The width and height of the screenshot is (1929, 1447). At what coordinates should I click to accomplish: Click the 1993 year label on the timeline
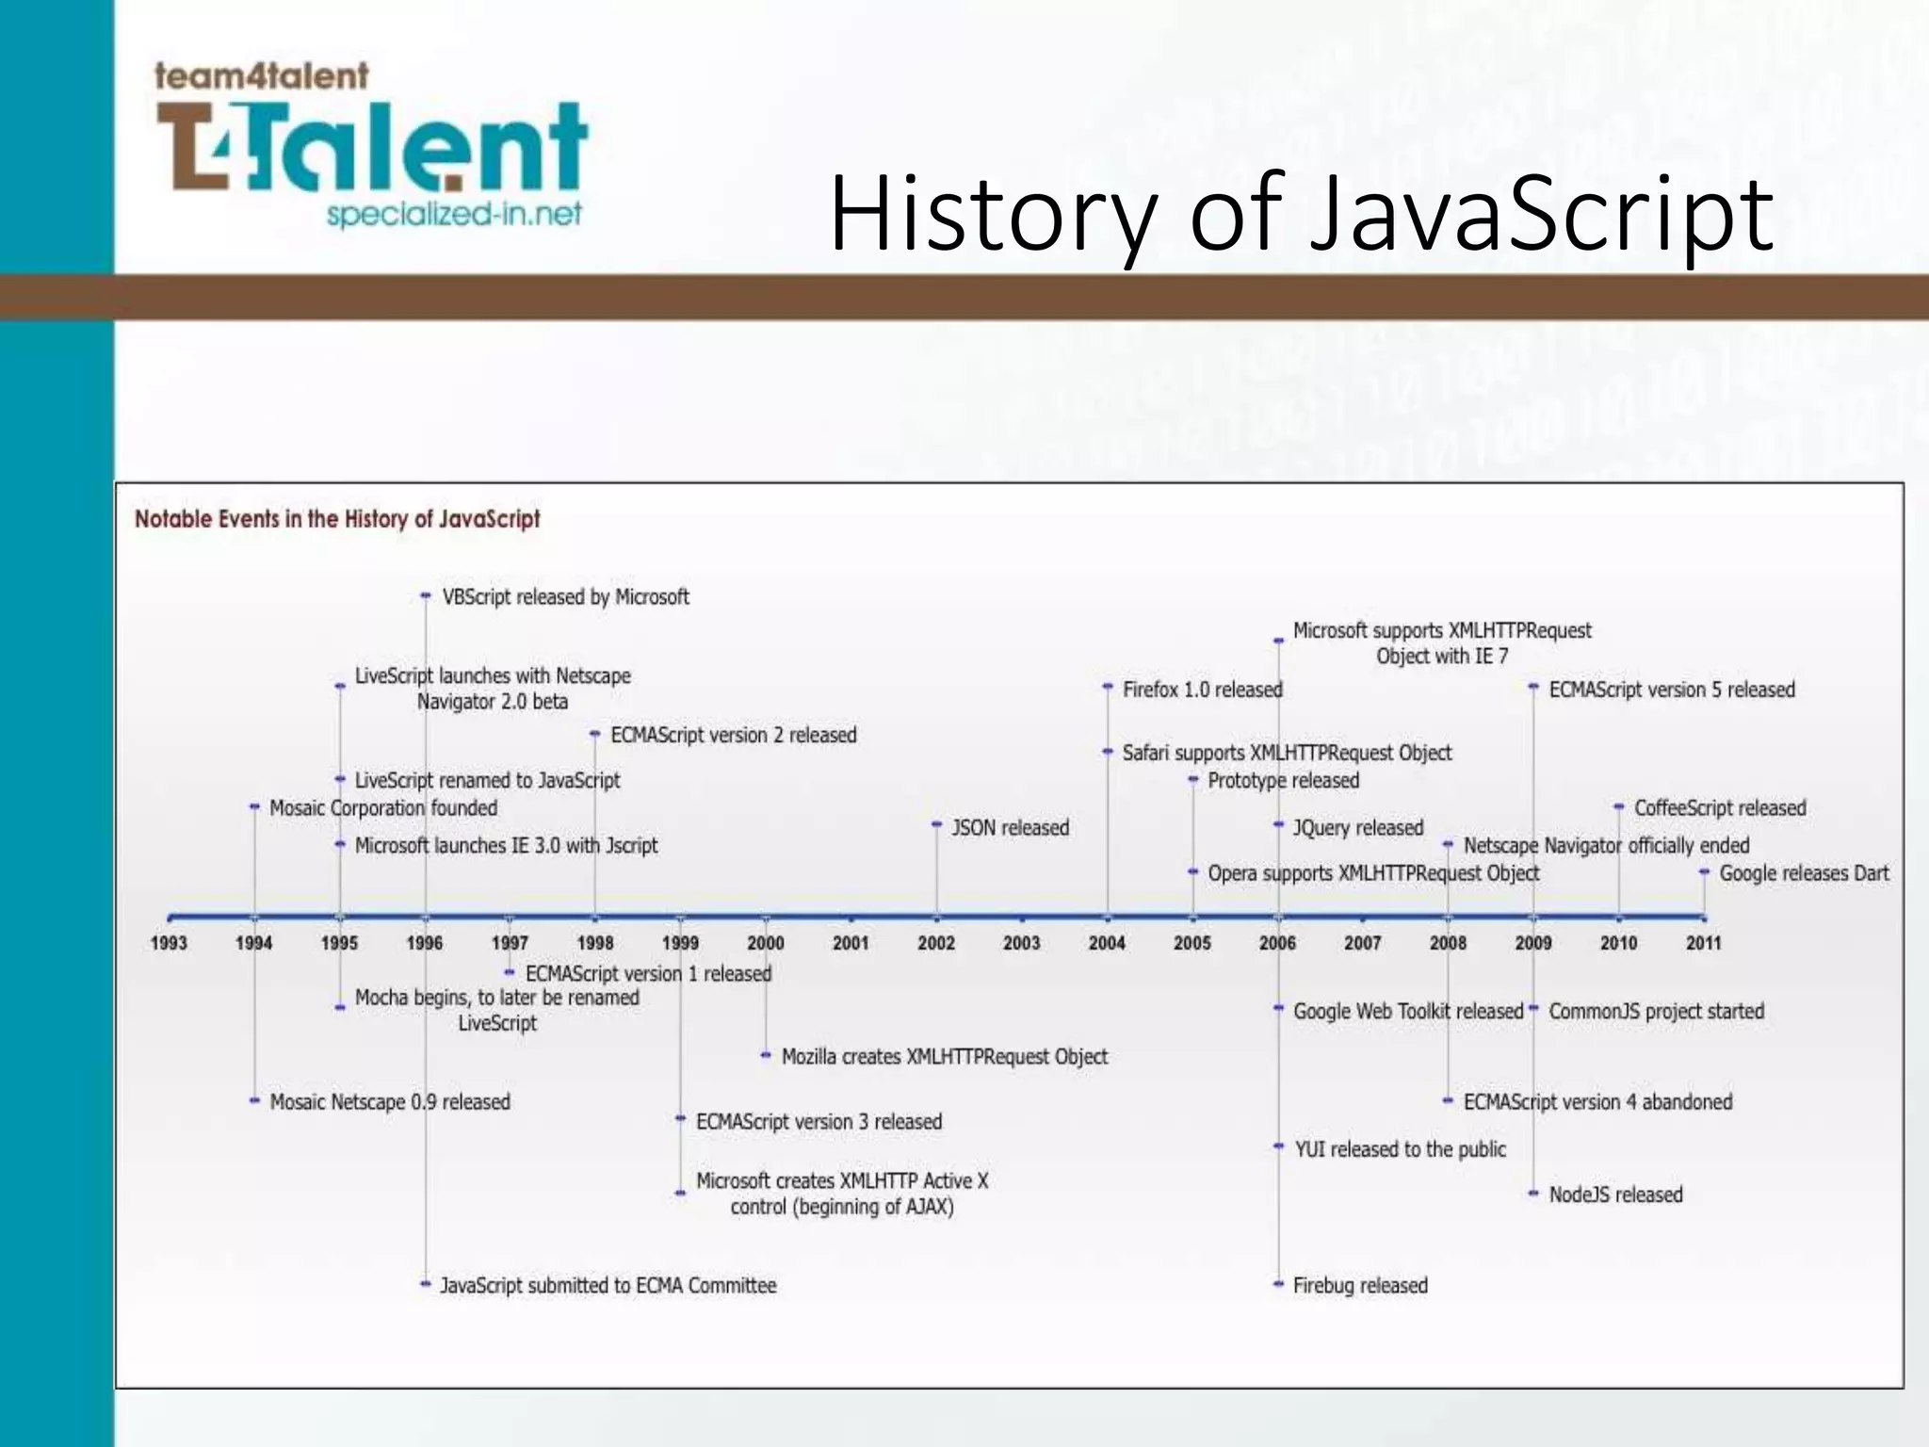click(169, 943)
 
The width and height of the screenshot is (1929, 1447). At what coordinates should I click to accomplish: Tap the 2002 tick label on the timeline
click(936, 943)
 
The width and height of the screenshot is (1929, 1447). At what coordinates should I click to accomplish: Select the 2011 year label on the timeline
click(1703, 943)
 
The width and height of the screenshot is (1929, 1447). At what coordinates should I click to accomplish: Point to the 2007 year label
click(1362, 943)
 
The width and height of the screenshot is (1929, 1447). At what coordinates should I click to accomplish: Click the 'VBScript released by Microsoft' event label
click(565, 597)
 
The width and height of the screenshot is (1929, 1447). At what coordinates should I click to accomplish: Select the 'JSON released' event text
click(1010, 828)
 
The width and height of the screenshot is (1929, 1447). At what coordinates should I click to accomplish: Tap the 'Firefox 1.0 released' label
click(1202, 690)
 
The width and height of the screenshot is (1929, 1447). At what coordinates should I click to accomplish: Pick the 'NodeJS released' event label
click(1615, 1195)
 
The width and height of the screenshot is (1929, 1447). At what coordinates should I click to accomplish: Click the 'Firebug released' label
click(1360, 1286)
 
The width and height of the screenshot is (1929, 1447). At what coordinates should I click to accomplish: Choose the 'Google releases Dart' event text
click(1804, 873)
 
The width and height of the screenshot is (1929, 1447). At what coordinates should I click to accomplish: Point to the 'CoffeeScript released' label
click(1720, 808)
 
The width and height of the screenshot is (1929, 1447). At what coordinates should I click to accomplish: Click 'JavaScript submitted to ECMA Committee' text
click(608, 1286)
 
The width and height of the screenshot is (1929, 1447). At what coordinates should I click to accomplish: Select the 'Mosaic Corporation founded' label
click(383, 808)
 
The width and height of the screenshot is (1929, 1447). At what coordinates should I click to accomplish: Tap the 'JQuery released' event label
click(1357, 828)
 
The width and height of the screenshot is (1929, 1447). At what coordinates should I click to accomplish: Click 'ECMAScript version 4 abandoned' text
click(1597, 1102)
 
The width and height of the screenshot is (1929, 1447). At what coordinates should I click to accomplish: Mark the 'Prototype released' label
click(1283, 781)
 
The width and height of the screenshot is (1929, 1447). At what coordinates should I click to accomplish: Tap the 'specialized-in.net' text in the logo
click(454, 215)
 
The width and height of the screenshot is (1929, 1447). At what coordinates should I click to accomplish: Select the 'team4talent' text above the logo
click(261, 75)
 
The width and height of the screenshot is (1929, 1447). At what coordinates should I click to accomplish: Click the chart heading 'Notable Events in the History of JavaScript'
click(337, 519)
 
